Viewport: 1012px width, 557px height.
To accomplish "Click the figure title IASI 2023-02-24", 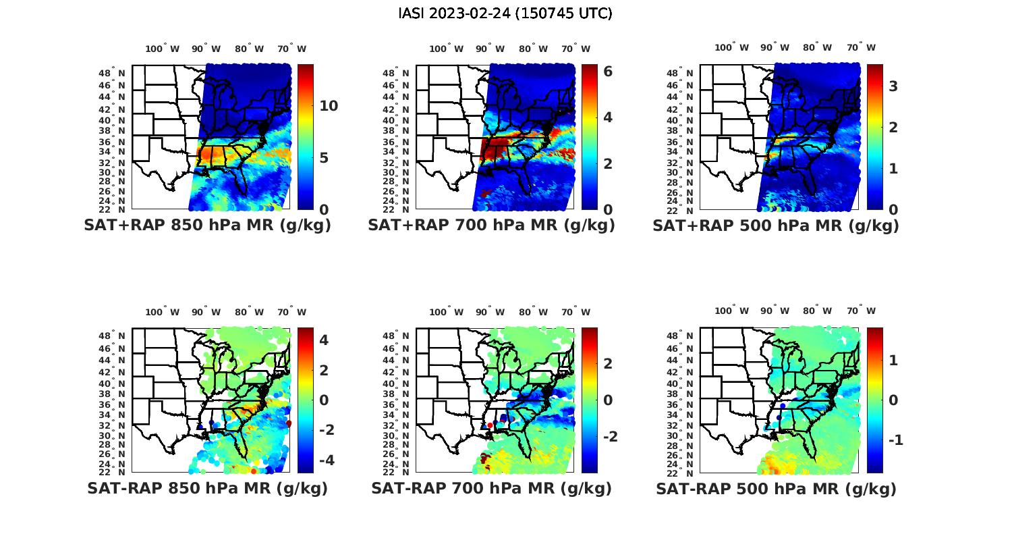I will point(505,13).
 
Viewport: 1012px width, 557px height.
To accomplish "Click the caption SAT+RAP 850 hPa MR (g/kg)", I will point(207,226).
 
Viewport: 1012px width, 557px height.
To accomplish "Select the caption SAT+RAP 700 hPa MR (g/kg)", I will point(491,226).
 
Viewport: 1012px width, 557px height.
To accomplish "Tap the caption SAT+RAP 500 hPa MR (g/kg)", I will point(775,226).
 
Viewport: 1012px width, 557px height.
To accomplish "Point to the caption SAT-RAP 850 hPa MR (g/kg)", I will point(207,488).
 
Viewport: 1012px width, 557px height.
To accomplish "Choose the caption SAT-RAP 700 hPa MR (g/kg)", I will point(491,488).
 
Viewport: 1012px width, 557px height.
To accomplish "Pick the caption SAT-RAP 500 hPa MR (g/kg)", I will point(776,488).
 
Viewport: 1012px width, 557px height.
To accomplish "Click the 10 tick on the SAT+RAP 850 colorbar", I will point(329,106).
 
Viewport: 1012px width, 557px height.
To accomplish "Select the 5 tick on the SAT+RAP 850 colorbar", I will point(324,158).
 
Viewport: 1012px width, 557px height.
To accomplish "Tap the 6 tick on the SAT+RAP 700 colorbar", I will point(608,71).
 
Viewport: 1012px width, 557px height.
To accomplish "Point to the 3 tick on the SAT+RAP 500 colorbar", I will point(893,86).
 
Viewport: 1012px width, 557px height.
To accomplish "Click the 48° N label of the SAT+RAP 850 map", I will point(112,73).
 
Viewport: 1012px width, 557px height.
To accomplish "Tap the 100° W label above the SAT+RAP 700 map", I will point(446,49).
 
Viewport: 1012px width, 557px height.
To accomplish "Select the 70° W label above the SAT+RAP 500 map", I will point(861,48).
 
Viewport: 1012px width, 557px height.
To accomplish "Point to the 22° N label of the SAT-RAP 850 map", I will point(112,472).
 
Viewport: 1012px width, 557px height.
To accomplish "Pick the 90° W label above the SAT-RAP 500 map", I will point(774,311).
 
